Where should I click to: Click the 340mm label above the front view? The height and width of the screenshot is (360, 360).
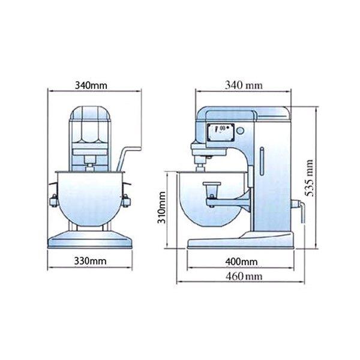pyautogui.click(x=91, y=85)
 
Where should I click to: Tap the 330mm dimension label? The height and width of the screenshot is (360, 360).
pyautogui.click(x=90, y=261)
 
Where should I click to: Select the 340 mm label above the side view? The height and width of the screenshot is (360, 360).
pyautogui.click(x=244, y=85)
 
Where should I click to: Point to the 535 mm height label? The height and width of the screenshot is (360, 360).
pyautogui.click(x=309, y=178)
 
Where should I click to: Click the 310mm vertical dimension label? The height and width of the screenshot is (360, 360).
pyautogui.click(x=161, y=208)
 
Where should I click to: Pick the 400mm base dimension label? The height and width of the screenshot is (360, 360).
pyautogui.click(x=241, y=262)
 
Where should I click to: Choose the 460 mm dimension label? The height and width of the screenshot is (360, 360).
pyautogui.click(x=244, y=276)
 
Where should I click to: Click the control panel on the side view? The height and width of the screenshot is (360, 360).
pyautogui.click(x=221, y=133)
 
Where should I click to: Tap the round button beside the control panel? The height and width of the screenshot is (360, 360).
pyautogui.click(x=240, y=131)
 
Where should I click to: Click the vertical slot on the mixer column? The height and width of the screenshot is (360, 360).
pyautogui.click(x=262, y=161)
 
